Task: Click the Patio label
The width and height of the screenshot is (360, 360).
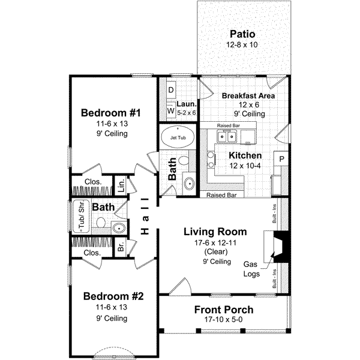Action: [243, 34]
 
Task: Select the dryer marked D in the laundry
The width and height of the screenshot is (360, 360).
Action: [170, 90]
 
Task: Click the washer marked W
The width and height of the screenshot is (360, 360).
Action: [170, 111]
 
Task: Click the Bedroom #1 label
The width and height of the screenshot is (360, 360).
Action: [111, 113]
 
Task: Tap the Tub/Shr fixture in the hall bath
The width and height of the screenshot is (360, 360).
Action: [79, 214]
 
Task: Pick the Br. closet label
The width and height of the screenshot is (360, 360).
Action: [121, 247]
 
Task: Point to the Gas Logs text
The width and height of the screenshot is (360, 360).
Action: [251, 268]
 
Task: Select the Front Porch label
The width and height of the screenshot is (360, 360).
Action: [224, 310]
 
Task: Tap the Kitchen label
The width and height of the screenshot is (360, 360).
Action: [244, 155]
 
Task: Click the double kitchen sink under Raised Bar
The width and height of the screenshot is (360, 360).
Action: [227, 137]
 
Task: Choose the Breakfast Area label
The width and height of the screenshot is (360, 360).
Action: [248, 95]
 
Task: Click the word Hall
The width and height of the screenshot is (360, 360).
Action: [145, 216]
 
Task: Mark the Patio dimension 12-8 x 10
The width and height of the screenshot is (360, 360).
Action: [243, 44]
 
